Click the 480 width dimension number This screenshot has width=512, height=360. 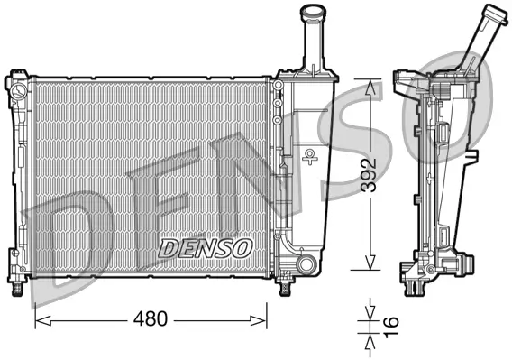click(150, 319)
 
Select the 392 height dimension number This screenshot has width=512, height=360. click(370, 172)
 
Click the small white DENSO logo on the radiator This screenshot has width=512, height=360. click(206, 245)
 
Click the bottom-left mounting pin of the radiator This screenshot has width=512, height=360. click(16, 287)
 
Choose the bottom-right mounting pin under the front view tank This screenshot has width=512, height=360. click(286, 287)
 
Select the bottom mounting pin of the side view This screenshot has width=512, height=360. click(414, 287)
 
